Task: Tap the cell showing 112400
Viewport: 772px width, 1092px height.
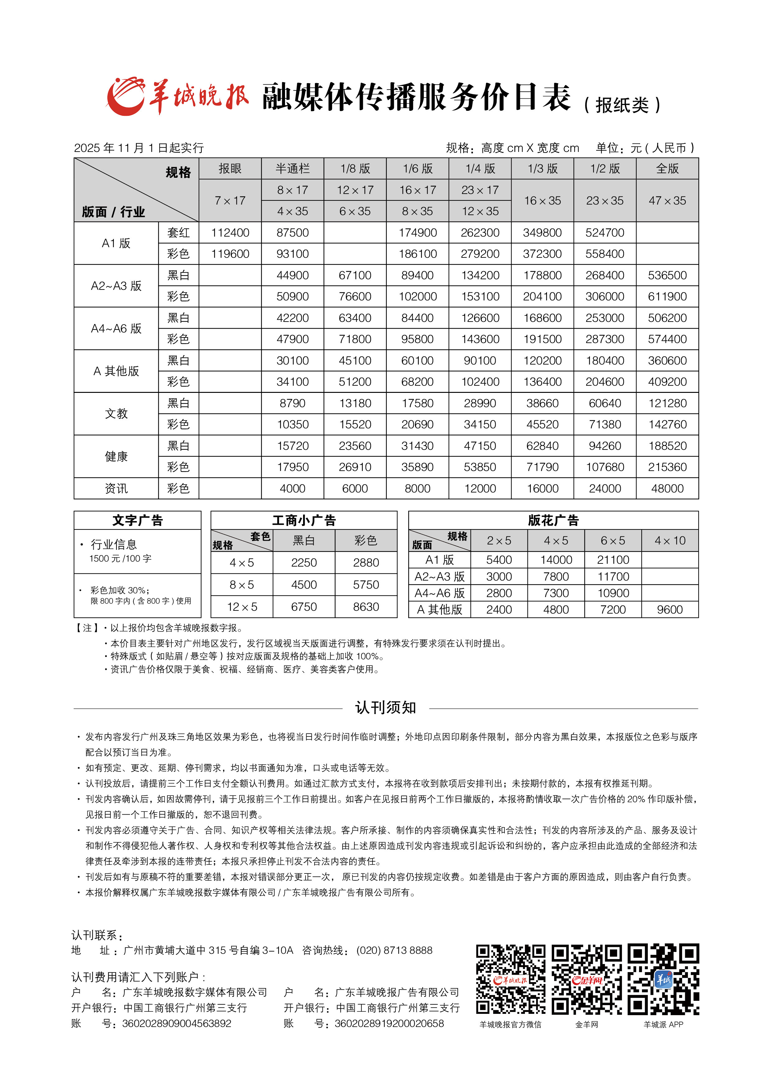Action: point(230,233)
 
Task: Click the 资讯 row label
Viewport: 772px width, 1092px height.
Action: point(116,488)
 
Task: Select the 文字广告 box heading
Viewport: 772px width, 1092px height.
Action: point(138,520)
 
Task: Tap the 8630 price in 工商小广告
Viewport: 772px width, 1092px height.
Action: point(366,607)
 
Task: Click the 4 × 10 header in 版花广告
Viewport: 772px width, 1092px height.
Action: point(670,541)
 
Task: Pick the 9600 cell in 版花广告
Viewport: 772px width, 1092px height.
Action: point(670,610)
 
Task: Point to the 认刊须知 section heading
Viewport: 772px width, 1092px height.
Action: point(386,708)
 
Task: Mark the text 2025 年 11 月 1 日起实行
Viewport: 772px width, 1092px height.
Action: point(139,148)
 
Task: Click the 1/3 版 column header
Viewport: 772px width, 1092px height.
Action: point(542,168)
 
